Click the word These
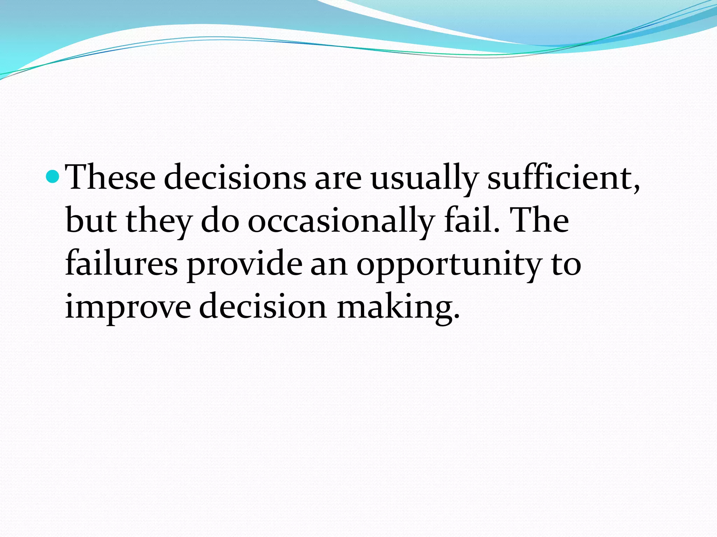[111, 178]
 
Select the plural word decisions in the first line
[235, 178]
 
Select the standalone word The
[540, 220]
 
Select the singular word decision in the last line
[263, 306]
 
